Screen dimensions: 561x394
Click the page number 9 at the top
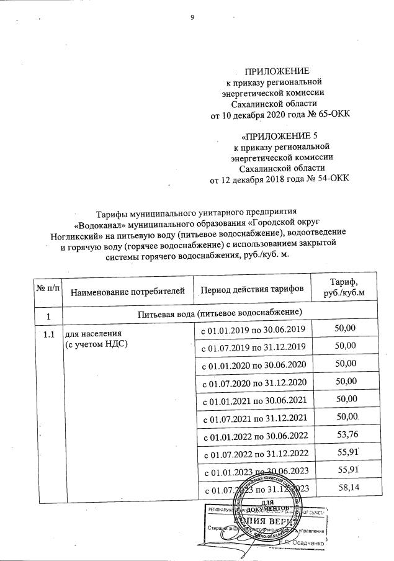pos(193,17)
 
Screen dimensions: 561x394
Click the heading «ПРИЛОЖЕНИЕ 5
pos(278,135)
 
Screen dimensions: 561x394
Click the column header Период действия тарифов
pos(251,290)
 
